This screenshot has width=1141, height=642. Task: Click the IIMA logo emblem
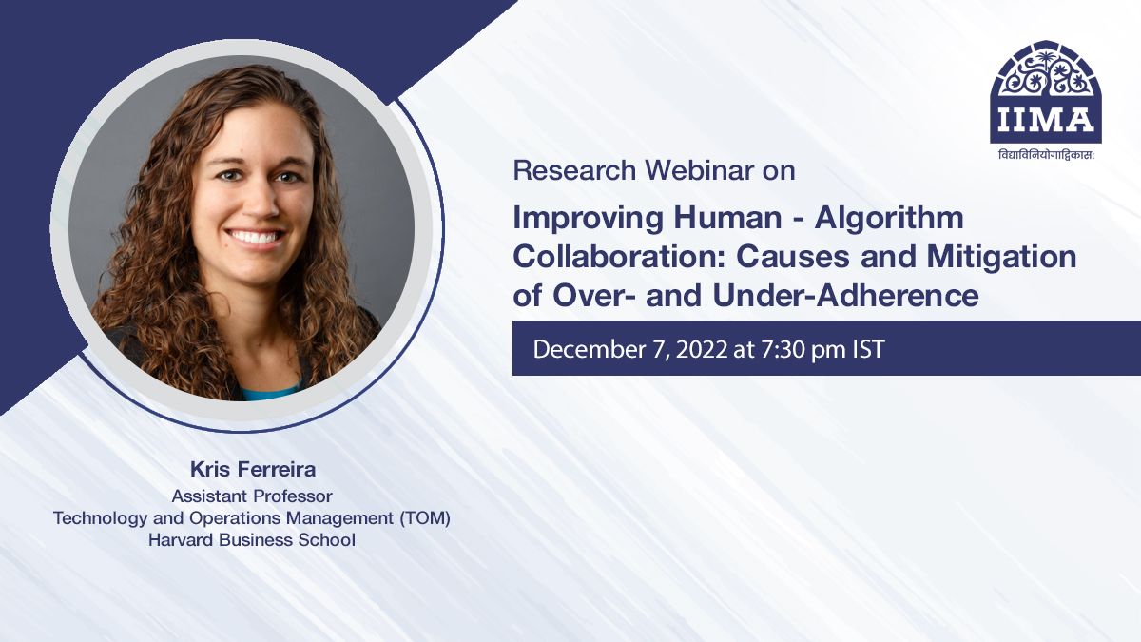click(x=1046, y=90)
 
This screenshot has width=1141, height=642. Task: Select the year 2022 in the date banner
click(x=705, y=349)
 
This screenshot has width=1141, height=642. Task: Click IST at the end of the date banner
click(x=866, y=349)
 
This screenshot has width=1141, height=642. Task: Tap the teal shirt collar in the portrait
click(x=269, y=391)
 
